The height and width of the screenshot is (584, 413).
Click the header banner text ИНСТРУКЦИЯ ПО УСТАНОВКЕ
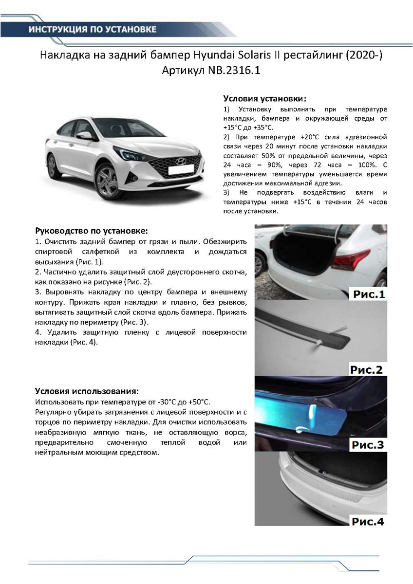[x=93, y=30]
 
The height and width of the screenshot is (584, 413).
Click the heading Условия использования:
[x=87, y=391]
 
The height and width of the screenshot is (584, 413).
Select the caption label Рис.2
[x=367, y=369]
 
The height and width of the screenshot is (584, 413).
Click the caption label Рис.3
[x=367, y=444]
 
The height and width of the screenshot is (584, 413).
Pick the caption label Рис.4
[x=367, y=522]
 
